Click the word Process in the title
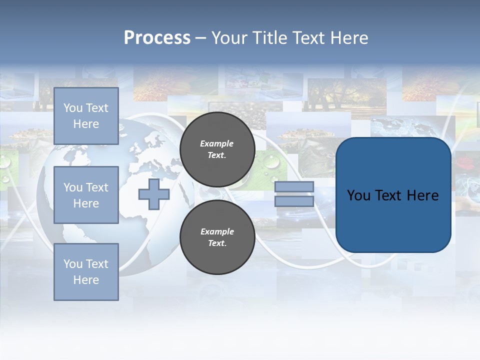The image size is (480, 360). point(157,38)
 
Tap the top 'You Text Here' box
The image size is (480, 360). point(86,116)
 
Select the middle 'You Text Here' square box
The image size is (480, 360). point(86,195)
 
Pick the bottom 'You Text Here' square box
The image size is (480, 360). point(86,272)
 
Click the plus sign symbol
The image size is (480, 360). point(154,194)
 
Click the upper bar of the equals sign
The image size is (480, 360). point(294,186)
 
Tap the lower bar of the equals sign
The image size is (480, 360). point(294,201)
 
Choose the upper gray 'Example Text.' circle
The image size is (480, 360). point(217,149)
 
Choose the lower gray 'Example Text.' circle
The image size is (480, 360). point(217,237)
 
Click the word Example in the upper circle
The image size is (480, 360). point(217,143)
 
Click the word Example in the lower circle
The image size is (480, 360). point(217,231)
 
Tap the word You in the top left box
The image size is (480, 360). point(73,108)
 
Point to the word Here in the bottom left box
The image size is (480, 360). point(86,280)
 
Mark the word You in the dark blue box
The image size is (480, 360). point(358,195)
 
